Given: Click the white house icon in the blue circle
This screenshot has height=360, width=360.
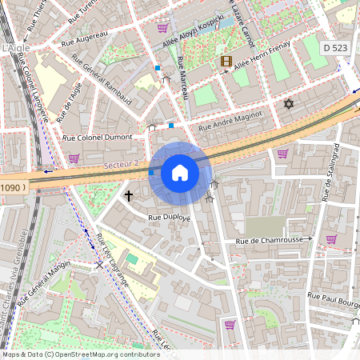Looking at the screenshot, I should (x=180, y=172).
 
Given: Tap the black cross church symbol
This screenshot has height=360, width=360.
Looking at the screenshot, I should (x=128, y=194).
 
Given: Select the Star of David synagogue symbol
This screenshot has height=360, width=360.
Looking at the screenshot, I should (x=289, y=104).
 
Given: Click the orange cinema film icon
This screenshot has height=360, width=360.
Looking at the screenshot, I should (x=226, y=61).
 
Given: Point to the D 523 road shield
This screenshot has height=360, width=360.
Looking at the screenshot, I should (x=337, y=48).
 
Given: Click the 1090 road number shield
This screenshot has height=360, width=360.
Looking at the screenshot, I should (x=13, y=187).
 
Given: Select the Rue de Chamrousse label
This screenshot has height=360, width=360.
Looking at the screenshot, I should (x=268, y=240).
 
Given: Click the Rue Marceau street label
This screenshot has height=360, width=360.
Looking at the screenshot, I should (x=182, y=78).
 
